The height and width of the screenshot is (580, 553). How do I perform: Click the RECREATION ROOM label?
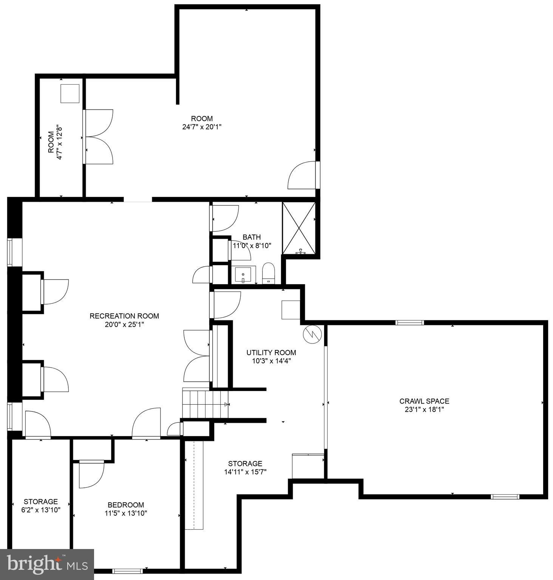(x=124, y=316)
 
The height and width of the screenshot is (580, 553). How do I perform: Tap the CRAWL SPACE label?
(x=424, y=401)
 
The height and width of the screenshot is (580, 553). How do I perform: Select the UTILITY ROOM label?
(x=271, y=353)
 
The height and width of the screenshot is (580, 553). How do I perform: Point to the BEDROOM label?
(x=126, y=505)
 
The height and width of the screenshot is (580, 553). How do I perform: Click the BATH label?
(x=252, y=237)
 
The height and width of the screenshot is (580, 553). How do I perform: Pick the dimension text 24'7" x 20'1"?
(x=202, y=127)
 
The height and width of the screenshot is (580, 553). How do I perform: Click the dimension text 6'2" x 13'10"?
(x=41, y=510)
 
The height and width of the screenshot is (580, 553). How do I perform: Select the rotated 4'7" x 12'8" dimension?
(x=59, y=142)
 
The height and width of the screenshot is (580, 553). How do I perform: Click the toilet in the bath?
(x=269, y=273)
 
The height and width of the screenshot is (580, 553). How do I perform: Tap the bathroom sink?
(x=243, y=274)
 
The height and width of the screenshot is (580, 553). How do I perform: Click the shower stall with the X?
(x=299, y=228)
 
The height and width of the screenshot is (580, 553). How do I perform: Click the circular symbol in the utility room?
(x=312, y=334)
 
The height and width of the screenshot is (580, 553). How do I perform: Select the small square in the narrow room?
(x=70, y=94)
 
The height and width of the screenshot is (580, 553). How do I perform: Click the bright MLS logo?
(x=47, y=564)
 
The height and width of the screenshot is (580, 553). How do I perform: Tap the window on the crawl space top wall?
(x=409, y=323)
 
